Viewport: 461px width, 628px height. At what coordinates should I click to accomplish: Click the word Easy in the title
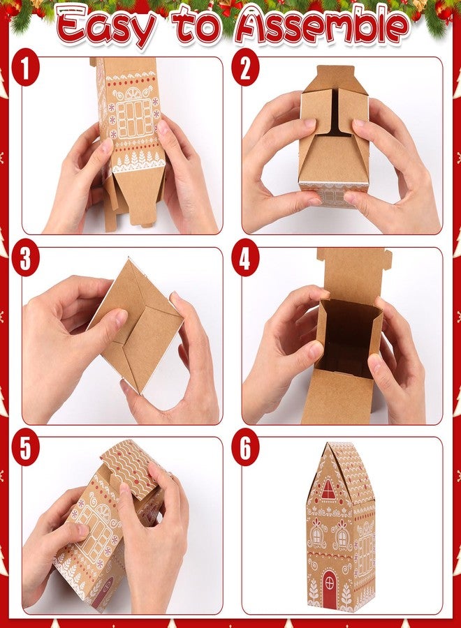[x=105, y=27]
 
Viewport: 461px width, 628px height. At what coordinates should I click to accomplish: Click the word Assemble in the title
[x=321, y=27]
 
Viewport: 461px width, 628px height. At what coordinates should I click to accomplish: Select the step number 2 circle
[x=246, y=70]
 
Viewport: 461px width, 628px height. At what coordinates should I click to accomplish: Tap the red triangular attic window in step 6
[x=328, y=489]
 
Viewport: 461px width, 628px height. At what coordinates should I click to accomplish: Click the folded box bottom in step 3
[x=136, y=325]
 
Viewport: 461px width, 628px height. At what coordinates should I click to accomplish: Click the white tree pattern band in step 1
[x=137, y=161]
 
